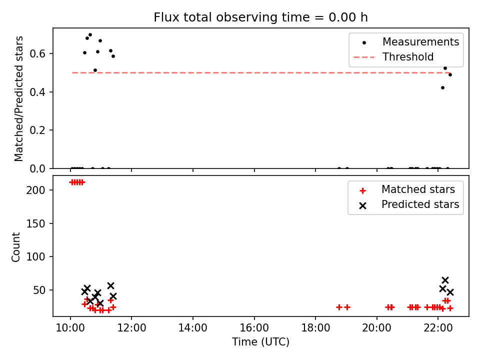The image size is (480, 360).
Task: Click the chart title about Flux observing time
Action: [x=260, y=17]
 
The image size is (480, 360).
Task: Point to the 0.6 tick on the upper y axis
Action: [x=37, y=54]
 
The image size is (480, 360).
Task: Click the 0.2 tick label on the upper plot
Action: [x=37, y=130]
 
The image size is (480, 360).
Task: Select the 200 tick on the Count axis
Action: [x=35, y=190]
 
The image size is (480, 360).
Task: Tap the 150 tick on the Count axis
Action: [x=35, y=224]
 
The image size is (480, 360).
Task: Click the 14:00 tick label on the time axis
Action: [x=193, y=328]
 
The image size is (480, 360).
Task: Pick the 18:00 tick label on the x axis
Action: [x=315, y=328]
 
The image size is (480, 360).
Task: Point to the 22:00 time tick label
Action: [x=438, y=328]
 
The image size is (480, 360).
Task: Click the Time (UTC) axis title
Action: [x=260, y=341]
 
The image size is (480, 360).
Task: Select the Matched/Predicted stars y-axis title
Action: [x=18, y=98]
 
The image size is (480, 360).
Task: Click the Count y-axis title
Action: [x=15, y=247]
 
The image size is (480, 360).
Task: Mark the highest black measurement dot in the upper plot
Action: [x=90, y=35]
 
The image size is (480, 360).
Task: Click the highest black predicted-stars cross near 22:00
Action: [x=445, y=280]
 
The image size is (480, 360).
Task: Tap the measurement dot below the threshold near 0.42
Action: [x=442, y=88]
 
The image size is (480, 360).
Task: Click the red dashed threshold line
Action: [x=261, y=73]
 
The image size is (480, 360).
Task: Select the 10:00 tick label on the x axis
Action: [x=70, y=328]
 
